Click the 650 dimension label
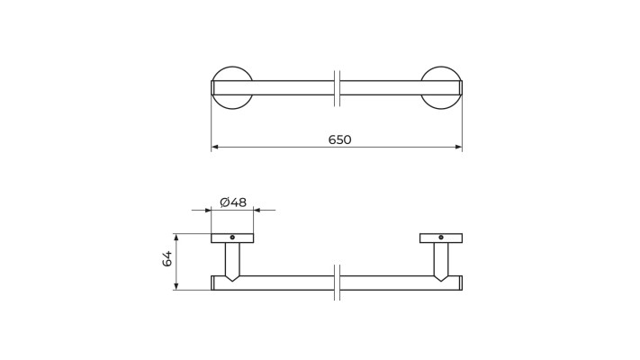click(x=339, y=140)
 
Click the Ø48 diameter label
click(x=233, y=202)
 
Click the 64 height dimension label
click(x=167, y=259)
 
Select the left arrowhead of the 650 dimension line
click(x=215, y=147)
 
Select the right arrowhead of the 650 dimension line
click(x=458, y=147)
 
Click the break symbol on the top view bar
click(x=337, y=88)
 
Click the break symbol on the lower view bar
click(x=337, y=283)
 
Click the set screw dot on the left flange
click(x=232, y=238)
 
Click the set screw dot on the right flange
click(x=441, y=238)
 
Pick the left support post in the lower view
click(x=232, y=260)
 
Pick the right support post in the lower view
click(x=441, y=260)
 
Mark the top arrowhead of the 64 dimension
click(x=176, y=238)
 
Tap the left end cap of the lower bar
click(x=212, y=283)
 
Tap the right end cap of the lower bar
click(x=461, y=283)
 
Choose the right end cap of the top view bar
click(x=461, y=88)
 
